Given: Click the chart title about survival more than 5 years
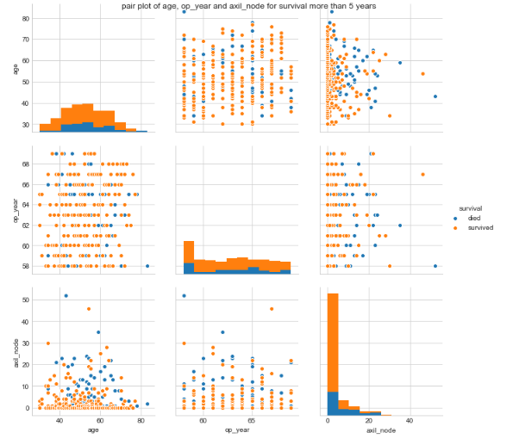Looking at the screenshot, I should pos(254,6).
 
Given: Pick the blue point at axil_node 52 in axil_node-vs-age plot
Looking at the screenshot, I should pos(66,296).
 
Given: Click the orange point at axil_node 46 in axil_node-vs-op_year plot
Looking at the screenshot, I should pos(272,309).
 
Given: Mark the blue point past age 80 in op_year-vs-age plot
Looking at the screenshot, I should pos(147,266).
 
